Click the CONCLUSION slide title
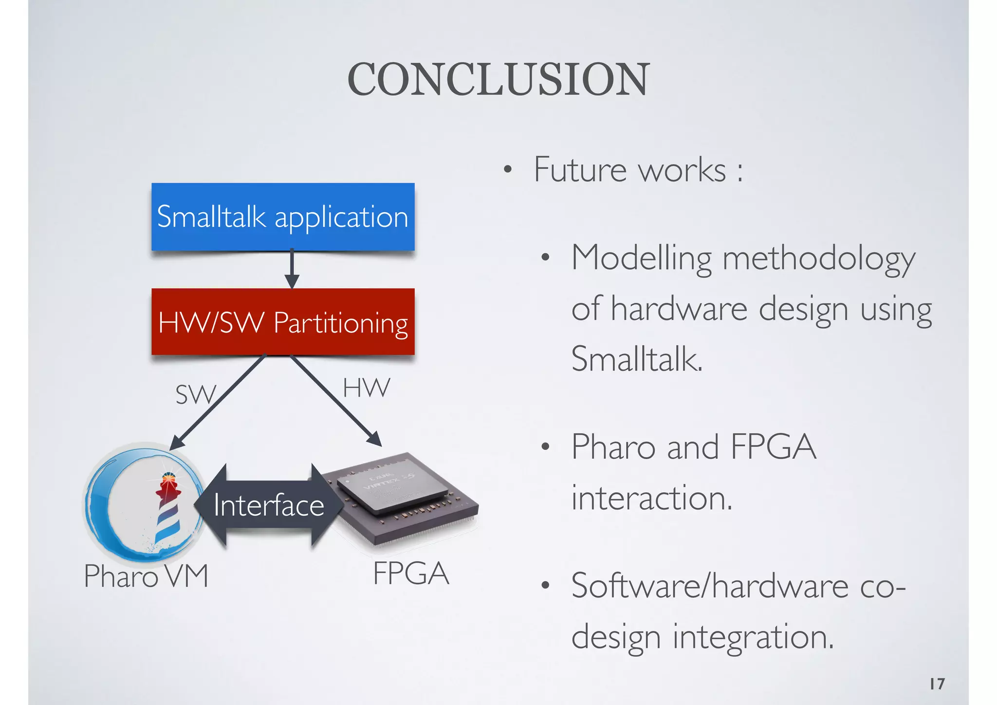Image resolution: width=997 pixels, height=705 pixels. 498,79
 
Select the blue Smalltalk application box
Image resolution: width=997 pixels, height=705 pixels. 283,217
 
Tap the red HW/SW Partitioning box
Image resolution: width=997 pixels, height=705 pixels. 283,322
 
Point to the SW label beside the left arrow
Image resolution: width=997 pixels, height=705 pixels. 195,394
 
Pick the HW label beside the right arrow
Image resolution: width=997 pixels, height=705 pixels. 366,388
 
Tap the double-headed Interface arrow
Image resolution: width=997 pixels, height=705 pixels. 269,505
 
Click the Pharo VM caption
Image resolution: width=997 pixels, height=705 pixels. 146,576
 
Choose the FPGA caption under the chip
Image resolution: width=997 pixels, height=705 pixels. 411,574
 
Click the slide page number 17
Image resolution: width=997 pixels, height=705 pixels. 937,684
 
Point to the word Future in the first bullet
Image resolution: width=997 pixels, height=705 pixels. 579,170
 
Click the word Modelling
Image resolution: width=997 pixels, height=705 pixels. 641,259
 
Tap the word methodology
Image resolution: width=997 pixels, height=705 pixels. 819,259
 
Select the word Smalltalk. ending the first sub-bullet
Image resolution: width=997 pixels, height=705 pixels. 637,359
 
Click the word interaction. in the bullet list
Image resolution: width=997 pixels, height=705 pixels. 651,498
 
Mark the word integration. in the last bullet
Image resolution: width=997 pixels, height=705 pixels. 753,637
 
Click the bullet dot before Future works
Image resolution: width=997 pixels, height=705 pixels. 508,170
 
